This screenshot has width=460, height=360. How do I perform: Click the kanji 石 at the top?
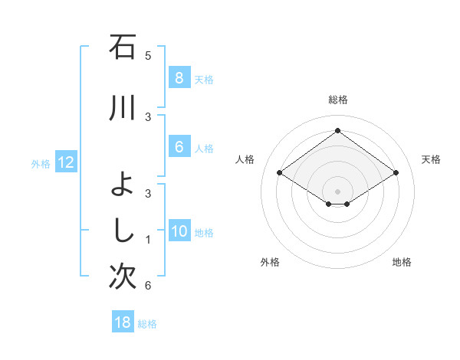(123, 47)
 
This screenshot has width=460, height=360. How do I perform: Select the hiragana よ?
(123, 185)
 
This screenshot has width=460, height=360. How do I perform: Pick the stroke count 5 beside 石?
(148, 55)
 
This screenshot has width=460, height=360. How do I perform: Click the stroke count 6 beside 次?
(148, 286)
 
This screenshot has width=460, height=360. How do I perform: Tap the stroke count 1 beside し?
(148, 240)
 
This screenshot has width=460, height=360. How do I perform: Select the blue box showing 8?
(179, 78)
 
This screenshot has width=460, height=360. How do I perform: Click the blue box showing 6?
(179, 147)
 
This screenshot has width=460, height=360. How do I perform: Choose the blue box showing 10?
(179, 232)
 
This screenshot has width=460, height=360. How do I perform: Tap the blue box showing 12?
(65, 162)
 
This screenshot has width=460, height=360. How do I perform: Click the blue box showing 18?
(123, 322)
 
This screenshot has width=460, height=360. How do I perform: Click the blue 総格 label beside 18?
(147, 324)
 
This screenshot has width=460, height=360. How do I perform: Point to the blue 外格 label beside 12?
(41, 163)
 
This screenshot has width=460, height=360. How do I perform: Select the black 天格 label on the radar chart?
(431, 159)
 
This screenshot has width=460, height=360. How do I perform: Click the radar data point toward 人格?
(280, 173)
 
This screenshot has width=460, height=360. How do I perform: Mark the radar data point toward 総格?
(337, 131)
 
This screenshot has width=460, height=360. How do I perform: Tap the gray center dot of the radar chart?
(337, 191)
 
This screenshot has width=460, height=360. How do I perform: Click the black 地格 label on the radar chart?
(402, 262)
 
